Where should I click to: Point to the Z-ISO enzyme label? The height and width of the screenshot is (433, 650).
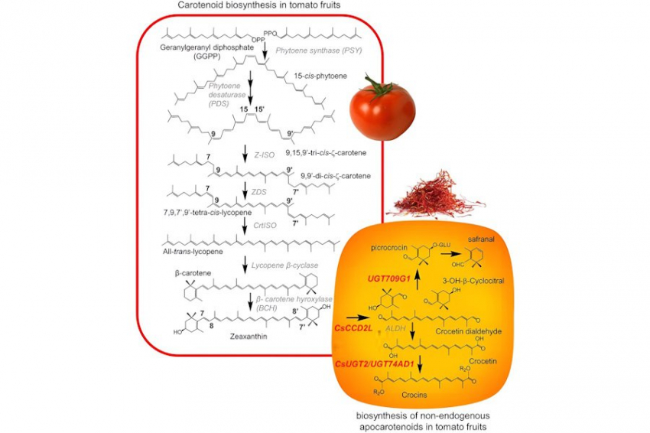point(265,154)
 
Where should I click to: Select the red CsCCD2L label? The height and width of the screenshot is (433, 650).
point(355,327)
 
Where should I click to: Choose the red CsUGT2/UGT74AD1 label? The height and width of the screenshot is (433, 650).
point(375,363)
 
